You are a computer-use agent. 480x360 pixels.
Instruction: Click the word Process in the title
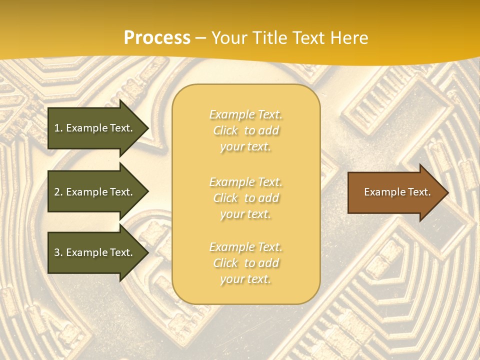coord(157,38)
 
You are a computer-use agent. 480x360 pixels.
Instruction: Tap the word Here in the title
coord(348,38)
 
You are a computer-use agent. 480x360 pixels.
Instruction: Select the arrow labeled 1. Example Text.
coord(95,128)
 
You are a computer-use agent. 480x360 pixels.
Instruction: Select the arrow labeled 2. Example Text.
coord(95,192)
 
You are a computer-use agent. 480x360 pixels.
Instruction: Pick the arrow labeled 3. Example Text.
coord(95,252)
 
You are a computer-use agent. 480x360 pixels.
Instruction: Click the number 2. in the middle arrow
coord(58,192)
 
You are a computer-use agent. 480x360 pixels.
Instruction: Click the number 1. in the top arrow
coord(58,128)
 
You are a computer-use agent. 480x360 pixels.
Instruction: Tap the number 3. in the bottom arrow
coord(58,252)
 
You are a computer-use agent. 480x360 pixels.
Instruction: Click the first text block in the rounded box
coord(245,130)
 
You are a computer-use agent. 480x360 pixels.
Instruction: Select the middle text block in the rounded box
coord(245,198)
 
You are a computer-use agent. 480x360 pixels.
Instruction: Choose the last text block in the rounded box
coord(245,263)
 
